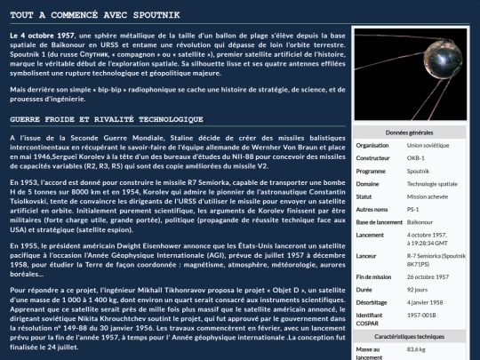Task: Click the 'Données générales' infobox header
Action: (x=410, y=132)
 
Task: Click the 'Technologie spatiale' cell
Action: (x=432, y=183)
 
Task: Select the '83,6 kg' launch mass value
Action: (x=418, y=349)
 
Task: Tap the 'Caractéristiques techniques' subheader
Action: (x=410, y=337)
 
